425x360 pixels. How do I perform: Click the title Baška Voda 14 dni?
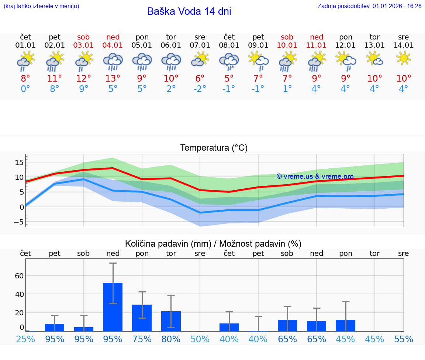tap(189, 11)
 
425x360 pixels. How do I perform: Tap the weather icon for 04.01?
tap(113, 62)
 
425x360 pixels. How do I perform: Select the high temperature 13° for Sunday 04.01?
tap(113, 79)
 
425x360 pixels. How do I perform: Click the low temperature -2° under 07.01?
tap(200, 89)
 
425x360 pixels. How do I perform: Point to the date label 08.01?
tap(229, 45)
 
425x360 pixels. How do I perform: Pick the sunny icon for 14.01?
tap(404, 59)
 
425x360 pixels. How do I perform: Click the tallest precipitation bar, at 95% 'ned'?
tap(113, 307)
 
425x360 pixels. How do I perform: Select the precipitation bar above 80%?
tap(171, 321)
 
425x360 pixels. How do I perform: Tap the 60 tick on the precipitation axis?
tap(19, 276)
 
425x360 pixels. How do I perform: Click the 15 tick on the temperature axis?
tap(19, 162)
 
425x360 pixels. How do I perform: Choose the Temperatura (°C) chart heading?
tap(214, 148)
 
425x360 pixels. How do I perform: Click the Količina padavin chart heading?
tap(213, 244)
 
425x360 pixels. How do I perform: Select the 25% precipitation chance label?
tap(25, 339)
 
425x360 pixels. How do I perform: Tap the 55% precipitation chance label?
tap(404, 339)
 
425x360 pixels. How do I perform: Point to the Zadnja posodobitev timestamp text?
tap(369, 6)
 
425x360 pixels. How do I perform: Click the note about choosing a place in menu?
tap(41, 6)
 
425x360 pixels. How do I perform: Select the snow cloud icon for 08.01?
tap(229, 62)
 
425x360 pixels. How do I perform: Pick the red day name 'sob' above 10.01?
tap(287, 37)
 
